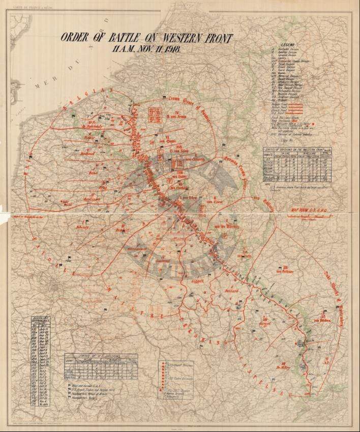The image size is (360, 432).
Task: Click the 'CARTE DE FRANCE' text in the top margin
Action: point(32,7)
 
